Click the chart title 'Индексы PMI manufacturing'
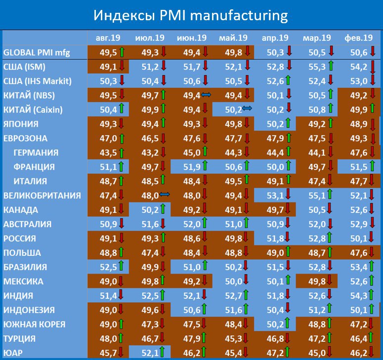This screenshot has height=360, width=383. [190, 16]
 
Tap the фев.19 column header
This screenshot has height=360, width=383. [359, 38]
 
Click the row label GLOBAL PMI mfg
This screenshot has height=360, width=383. [37, 52]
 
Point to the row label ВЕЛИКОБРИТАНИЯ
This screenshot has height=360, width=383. [42, 196]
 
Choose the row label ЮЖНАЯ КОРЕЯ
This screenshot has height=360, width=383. [34, 324]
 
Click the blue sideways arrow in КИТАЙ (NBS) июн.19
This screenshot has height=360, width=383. [206, 95]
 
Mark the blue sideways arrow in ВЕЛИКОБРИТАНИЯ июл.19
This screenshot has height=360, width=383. [165, 196]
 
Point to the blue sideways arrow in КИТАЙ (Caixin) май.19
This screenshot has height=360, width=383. [247, 110]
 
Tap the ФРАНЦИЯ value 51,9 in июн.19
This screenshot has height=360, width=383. [185, 167]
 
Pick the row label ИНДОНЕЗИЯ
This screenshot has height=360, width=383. [29, 310]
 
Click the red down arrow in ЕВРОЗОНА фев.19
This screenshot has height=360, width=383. [371, 138]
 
